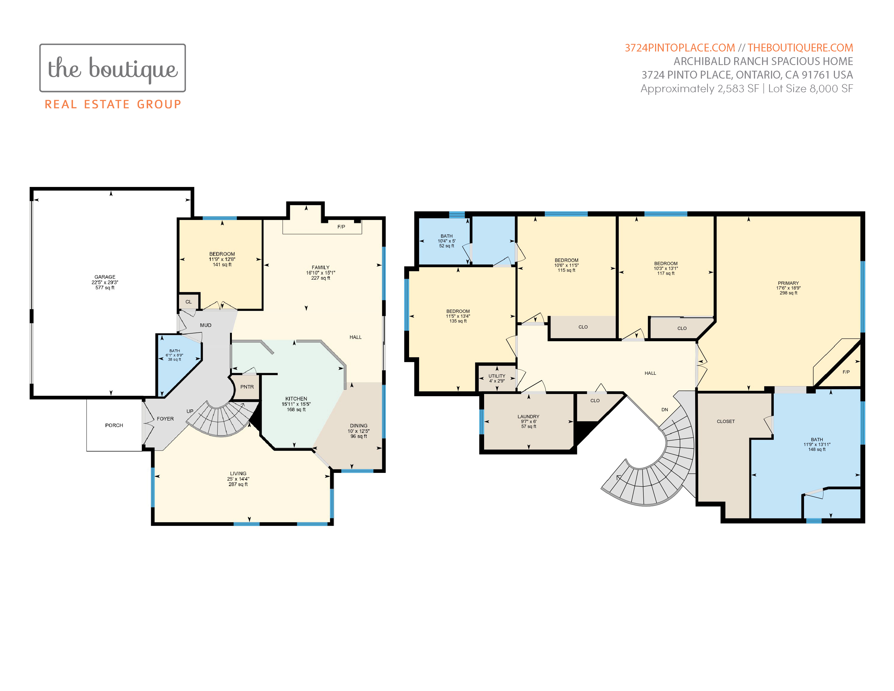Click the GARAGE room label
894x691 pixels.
click(105, 277)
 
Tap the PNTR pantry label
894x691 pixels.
click(247, 387)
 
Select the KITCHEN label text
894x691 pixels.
click(296, 398)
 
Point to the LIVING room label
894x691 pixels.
click(238, 473)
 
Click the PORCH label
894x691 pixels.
click(114, 425)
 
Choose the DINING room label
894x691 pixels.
click(359, 426)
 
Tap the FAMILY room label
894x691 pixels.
click(320, 267)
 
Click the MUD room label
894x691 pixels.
click(206, 325)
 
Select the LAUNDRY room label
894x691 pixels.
click(529, 416)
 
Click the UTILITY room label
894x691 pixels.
click(497, 376)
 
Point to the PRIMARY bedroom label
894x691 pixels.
click(788, 283)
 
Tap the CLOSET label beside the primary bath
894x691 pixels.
click(726, 421)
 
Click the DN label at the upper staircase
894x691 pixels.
click(665, 409)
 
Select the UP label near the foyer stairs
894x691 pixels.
click(190, 411)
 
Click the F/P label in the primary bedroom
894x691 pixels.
click(846, 372)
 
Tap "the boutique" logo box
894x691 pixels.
click(113, 68)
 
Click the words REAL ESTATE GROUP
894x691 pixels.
click(113, 104)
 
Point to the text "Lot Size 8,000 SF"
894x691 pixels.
click(811, 88)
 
